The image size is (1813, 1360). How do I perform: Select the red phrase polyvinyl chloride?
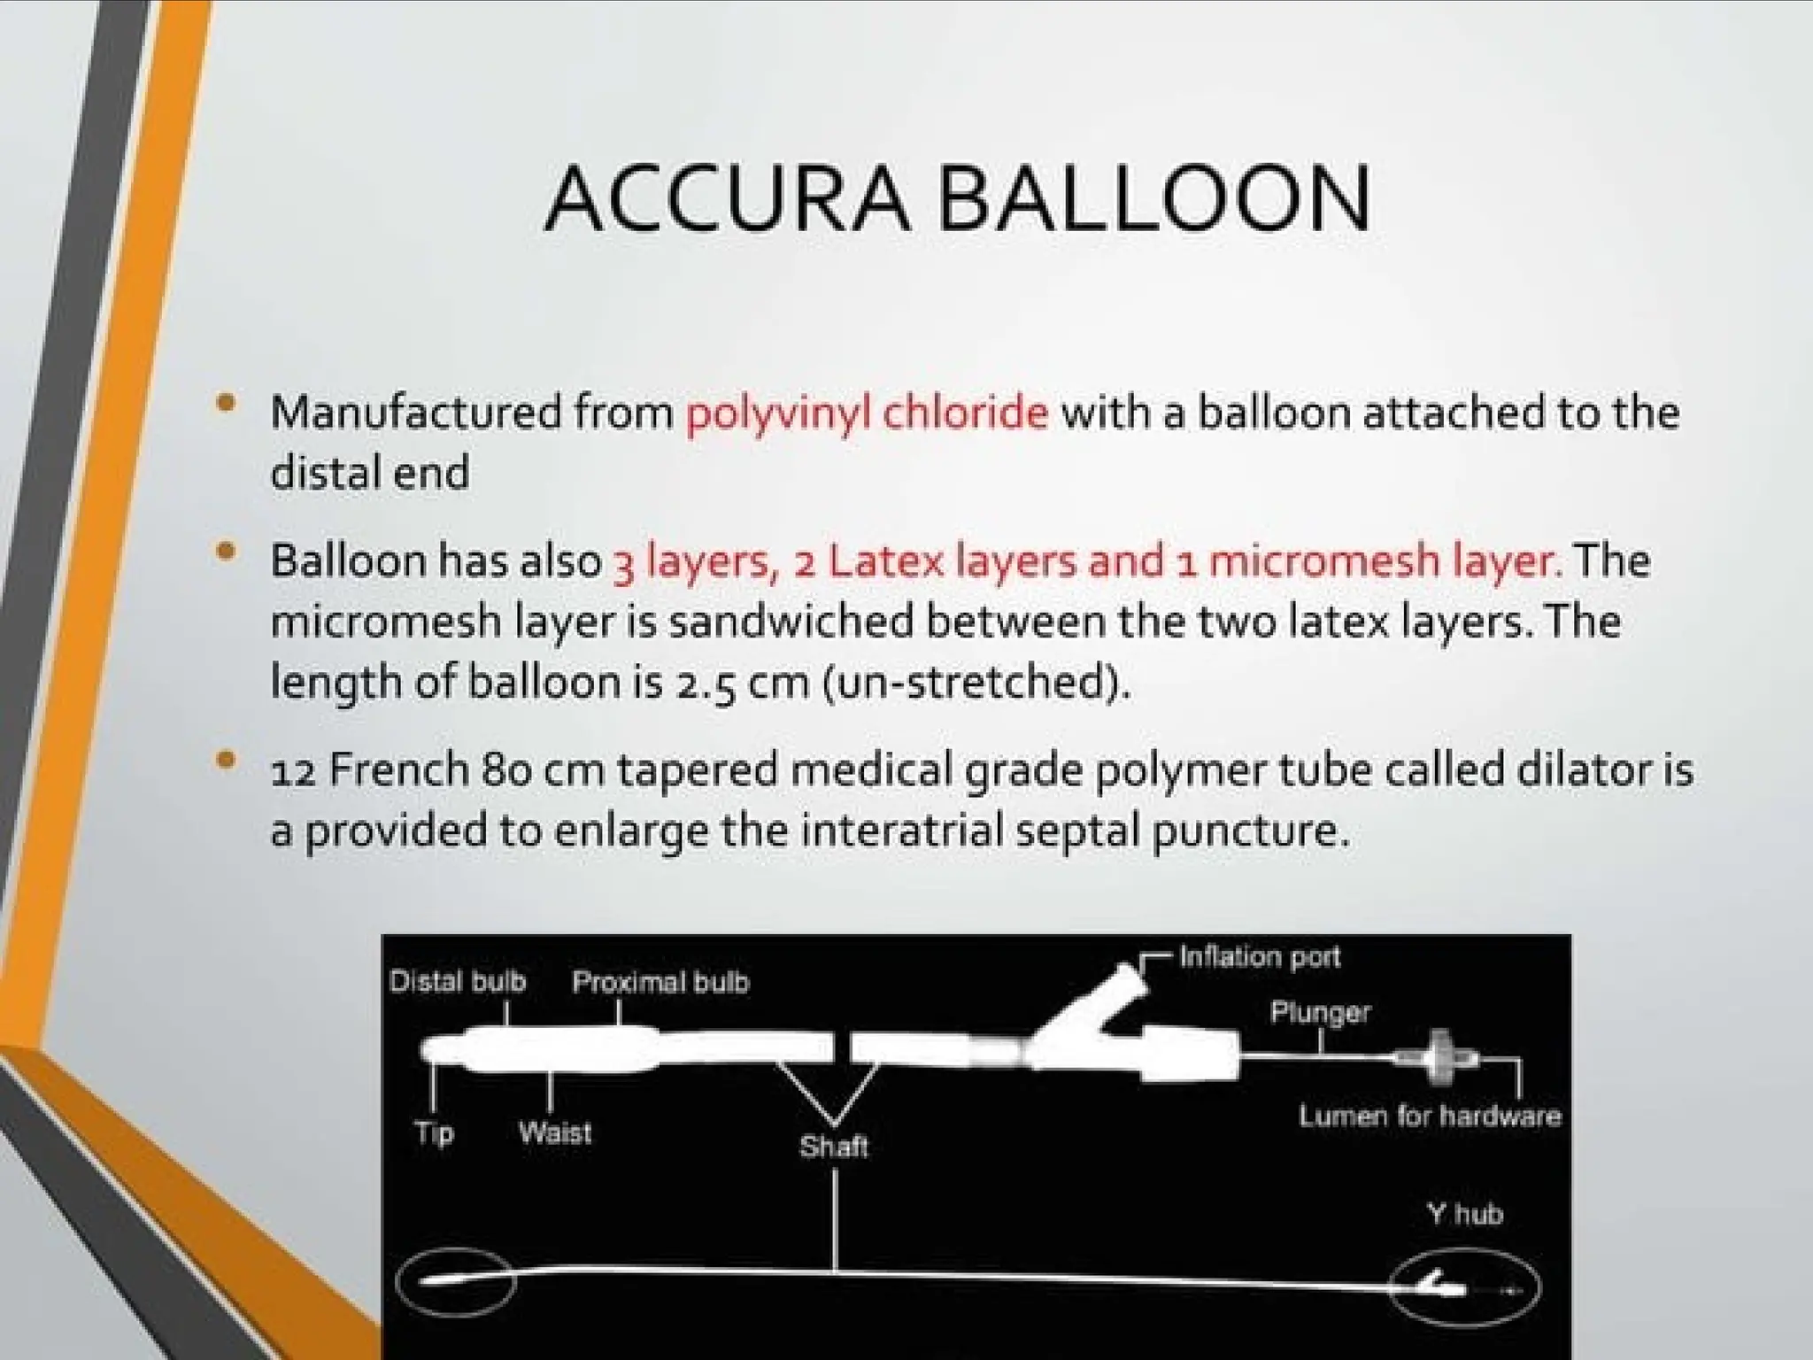[866, 413]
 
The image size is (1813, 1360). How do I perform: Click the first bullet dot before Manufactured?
[227, 404]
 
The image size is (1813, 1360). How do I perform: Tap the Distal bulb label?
[458, 982]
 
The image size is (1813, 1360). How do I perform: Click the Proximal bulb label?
[660, 982]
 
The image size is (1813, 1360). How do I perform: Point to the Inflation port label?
[1260, 957]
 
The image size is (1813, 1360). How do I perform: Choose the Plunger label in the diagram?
[1320, 1012]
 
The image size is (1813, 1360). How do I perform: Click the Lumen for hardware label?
[1430, 1116]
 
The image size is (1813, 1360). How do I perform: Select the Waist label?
[555, 1132]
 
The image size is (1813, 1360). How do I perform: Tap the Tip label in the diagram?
[434, 1132]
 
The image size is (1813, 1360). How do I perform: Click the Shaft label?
[833, 1147]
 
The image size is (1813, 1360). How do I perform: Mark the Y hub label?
[1464, 1213]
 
